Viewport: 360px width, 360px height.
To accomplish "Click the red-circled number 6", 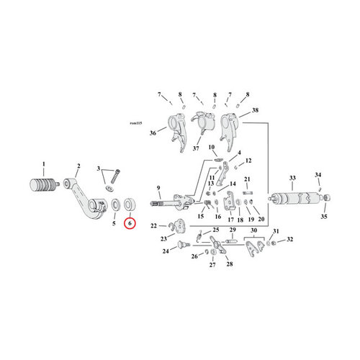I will coord(130,224).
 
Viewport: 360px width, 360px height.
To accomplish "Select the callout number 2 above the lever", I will coord(77,166).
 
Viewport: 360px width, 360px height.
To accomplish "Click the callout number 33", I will coord(292,177).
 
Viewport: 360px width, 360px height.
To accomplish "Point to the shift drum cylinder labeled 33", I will coord(293,197).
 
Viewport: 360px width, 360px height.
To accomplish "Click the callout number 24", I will coord(165,251).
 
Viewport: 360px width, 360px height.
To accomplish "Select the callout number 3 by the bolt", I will coord(100,168).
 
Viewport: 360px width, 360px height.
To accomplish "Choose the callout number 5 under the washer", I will coord(113,224).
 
